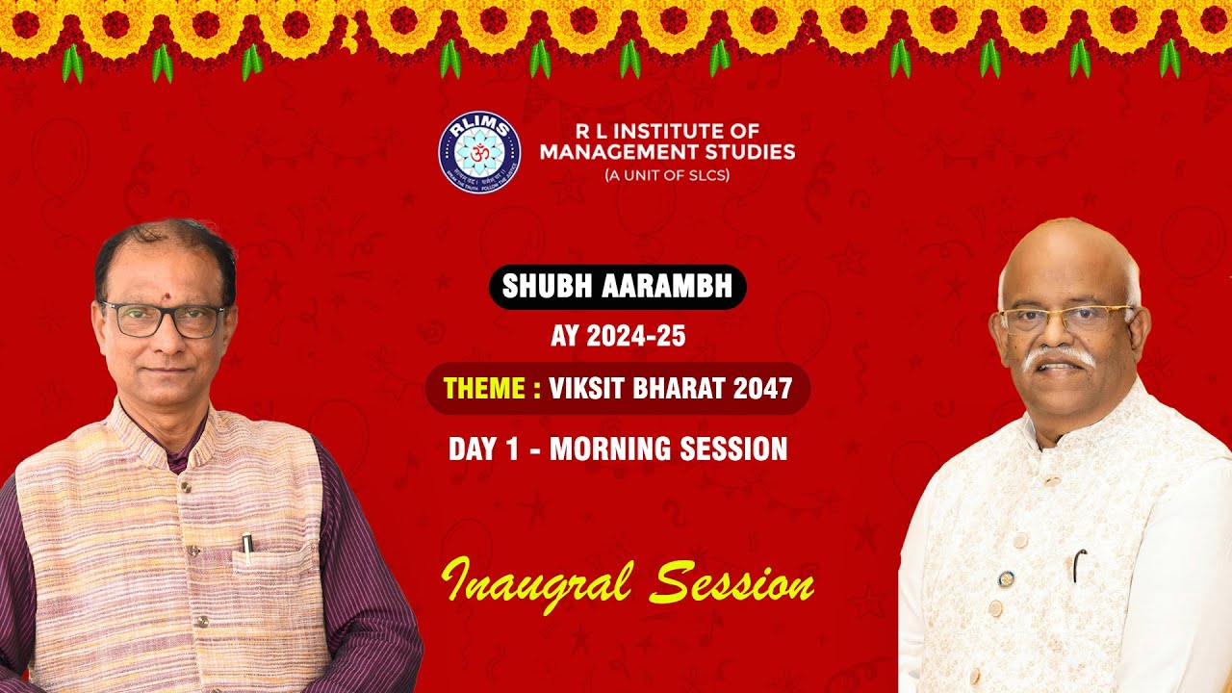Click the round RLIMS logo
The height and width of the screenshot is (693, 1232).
pyautogui.click(x=479, y=152)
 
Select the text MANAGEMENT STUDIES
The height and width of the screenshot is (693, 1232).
pyautogui.click(x=667, y=152)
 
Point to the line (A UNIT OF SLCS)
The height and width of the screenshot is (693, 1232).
pyautogui.click(x=667, y=175)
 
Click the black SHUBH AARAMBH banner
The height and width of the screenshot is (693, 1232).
pyautogui.click(x=617, y=287)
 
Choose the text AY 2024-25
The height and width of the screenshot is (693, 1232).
pyautogui.click(x=617, y=336)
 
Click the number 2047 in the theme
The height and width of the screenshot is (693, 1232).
pyautogui.click(x=760, y=389)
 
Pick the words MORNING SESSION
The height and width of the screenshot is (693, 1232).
pyautogui.click(x=668, y=449)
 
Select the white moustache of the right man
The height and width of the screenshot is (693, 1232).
pyautogui.click(x=1059, y=358)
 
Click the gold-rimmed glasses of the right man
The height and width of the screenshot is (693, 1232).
pyautogui.click(x=1065, y=317)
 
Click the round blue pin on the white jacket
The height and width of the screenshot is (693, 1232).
pyautogui.click(x=1006, y=579)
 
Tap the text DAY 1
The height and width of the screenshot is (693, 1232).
pyautogui.click(x=483, y=449)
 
